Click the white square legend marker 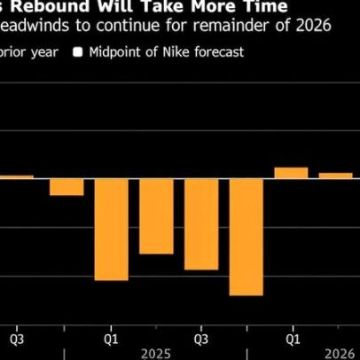(x=78, y=51)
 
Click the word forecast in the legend (x=219, y=51)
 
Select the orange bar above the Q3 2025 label (x=201, y=223)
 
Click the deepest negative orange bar (x=246, y=236)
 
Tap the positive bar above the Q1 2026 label (x=291, y=172)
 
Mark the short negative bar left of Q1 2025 (x=67, y=185)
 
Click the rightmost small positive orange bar (x=335, y=175)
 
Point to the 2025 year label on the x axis (x=156, y=352)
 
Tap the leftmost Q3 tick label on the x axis (x=17, y=338)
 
